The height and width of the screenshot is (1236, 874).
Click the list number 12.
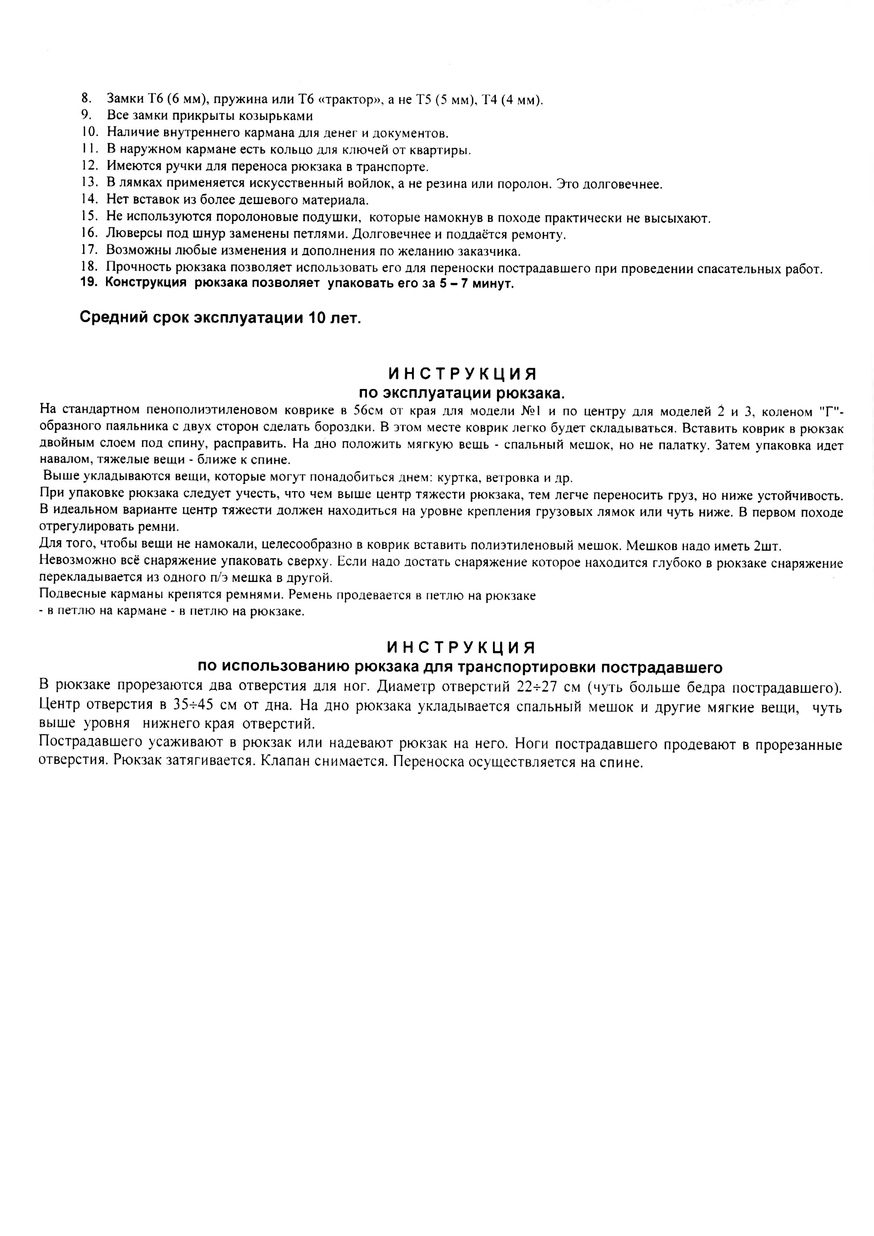click(x=90, y=166)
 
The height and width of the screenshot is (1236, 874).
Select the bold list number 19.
click(x=89, y=284)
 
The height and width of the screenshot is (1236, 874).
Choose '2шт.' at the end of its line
click(x=767, y=546)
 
